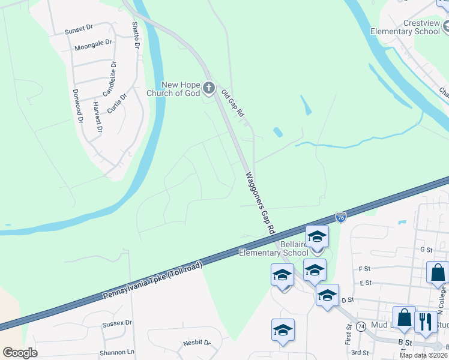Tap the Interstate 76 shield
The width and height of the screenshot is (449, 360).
pos(340,217)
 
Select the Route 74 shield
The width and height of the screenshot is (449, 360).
pos(361,326)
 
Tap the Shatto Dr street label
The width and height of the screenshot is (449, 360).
pos(136,35)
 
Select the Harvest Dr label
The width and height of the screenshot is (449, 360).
pos(97,116)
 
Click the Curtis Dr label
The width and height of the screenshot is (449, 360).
pos(117,103)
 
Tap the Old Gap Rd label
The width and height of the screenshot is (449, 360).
pos(232,103)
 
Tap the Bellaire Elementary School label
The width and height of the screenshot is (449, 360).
pos(274,248)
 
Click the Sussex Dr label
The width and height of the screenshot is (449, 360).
pos(116,323)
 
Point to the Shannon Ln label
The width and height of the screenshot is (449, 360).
pos(118,352)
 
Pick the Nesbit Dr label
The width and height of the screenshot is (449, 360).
pos(196,343)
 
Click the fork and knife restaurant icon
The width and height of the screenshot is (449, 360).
pos(426,322)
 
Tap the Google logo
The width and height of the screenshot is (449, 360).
pos(20,353)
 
